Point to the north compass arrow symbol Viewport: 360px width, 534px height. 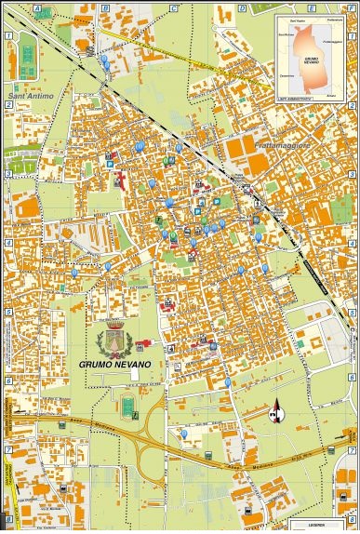point(274,410)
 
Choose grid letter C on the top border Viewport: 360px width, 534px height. point(173,7)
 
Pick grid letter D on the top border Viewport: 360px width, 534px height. point(242,7)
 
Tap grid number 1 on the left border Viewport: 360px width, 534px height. point(7,35)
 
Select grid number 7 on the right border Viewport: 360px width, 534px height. point(353,449)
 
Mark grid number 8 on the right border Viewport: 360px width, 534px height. point(353,517)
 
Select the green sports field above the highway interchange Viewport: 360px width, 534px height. point(127,407)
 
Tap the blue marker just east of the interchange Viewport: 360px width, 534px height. point(184,434)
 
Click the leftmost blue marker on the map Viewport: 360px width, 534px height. point(74,273)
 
